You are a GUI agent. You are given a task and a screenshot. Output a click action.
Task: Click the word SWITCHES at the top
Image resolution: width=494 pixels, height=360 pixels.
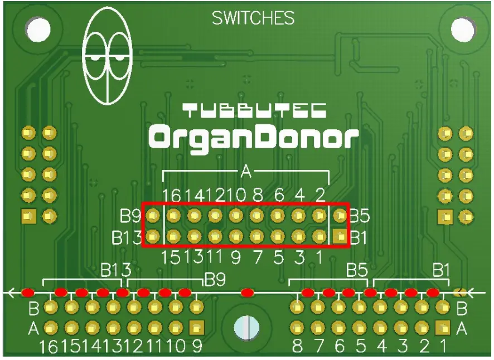tap(253, 18)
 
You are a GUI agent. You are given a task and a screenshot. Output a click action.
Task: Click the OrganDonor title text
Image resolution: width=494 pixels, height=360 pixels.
tap(253, 137)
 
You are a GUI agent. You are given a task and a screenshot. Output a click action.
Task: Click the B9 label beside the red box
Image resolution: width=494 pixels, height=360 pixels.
tap(130, 216)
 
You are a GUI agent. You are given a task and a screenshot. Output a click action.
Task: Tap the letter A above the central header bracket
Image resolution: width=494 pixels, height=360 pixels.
tap(246, 172)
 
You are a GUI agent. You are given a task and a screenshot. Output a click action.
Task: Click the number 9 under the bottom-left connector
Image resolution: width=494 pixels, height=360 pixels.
tap(197, 347)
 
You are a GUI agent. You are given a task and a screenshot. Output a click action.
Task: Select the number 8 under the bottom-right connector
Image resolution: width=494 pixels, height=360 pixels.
tap(297, 347)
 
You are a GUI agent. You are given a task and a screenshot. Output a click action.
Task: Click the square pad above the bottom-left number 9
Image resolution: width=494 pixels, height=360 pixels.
tap(196, 327)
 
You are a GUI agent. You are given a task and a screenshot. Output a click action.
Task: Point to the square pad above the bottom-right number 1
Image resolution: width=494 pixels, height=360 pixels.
tap(443, 327)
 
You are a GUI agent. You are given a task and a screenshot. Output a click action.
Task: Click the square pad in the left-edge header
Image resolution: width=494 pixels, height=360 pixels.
tap(28, 216)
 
